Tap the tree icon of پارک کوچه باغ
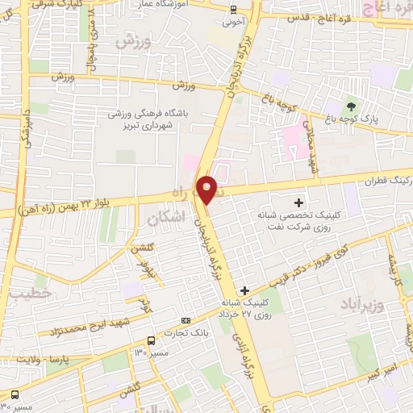click(x=350, y=105)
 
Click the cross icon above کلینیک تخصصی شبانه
click(x=300, y=202)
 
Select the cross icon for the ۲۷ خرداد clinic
click(x=245, y=290)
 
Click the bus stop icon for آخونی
click(x=234, y=10)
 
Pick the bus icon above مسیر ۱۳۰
click(x=151, y=340)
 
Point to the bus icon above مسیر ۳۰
click(x=15, y=395)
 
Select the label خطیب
click(x=31, y=294)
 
